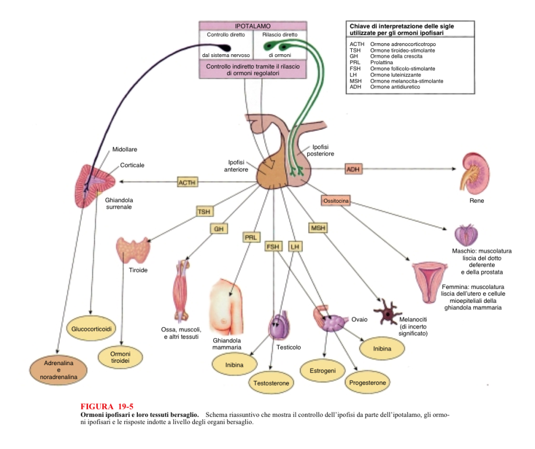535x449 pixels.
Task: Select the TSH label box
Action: click(204, 211)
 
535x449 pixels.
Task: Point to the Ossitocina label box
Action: click(336, 201)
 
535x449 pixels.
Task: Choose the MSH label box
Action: click(318, 228)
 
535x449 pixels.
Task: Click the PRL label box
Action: click(251, 238)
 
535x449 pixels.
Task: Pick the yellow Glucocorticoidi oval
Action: click(92, 329)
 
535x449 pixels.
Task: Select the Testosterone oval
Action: click(272, 383)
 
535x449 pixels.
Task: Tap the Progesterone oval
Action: click(368, 383)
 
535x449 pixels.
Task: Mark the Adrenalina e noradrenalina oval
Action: click(58, 370)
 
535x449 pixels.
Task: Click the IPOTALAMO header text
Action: click(252, 26)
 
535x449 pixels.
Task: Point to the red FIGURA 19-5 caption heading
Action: click(107, 406)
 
